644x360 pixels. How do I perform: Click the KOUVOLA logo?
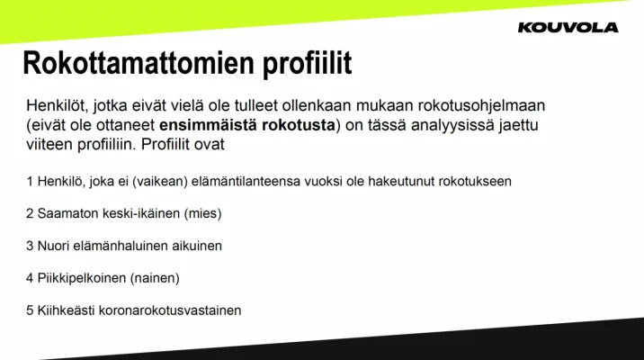[568, 27]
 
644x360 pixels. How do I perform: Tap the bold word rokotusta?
[300, 124]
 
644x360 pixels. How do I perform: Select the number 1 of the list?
[31, 181]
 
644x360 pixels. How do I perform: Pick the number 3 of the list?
[31, 246]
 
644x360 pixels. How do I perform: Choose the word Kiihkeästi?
[66, 310]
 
